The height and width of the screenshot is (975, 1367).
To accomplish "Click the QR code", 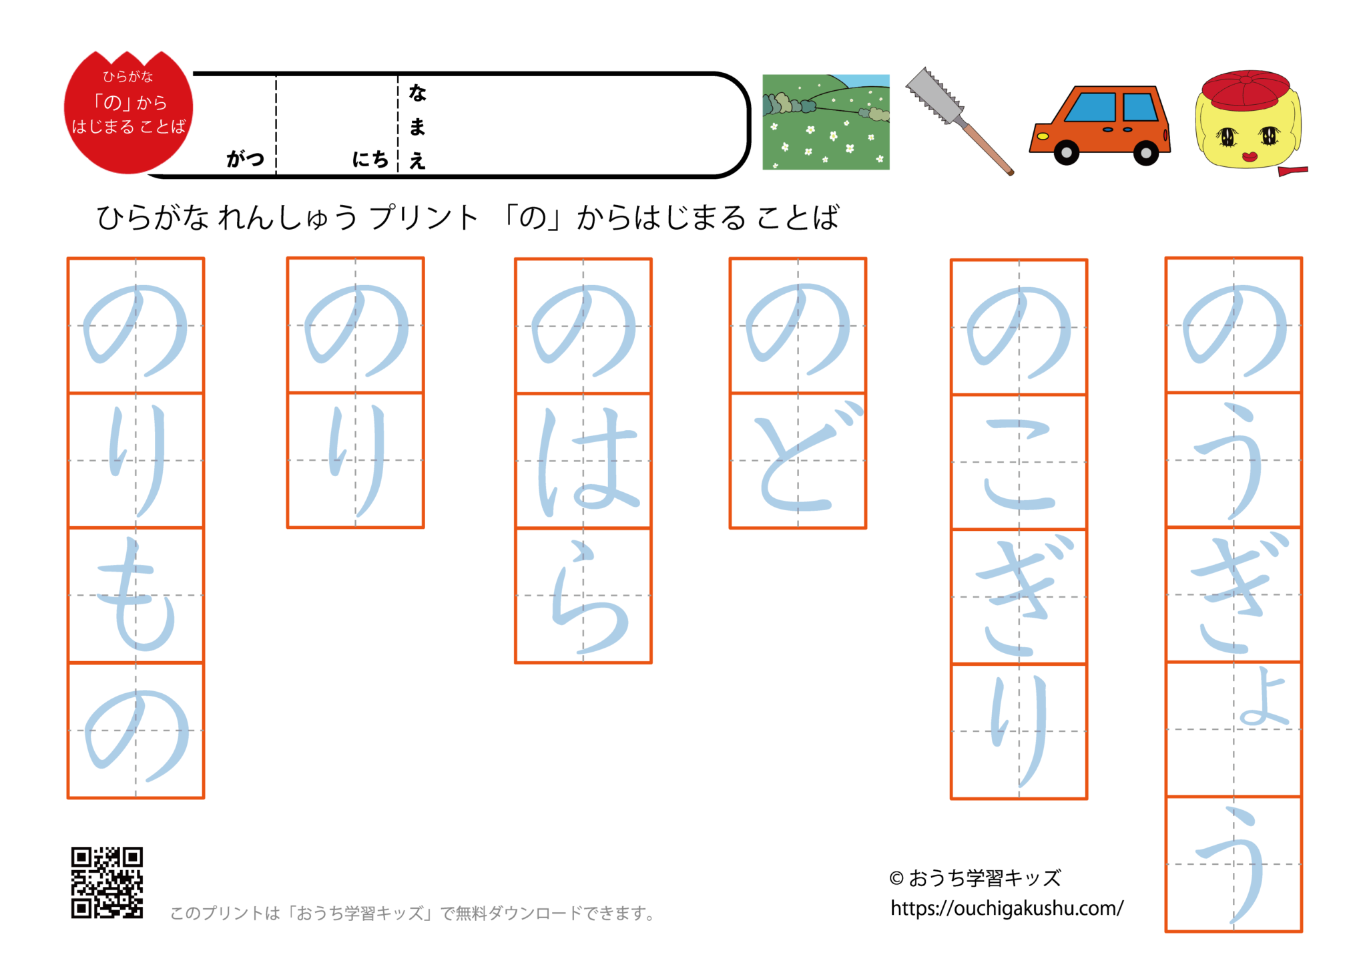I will coord(107,882).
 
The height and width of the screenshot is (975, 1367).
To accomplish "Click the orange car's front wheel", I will coord(1066,152).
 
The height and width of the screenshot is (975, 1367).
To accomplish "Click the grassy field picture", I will coord(826,122).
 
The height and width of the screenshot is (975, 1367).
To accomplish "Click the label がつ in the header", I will coord(246,159).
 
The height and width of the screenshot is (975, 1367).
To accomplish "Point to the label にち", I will coord(370,159).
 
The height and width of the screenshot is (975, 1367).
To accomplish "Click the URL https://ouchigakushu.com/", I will coord(1007,908).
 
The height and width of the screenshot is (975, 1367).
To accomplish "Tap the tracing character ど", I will coord(798,461).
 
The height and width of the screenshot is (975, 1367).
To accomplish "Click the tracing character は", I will coord(583,461).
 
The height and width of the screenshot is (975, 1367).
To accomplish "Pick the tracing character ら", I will coord(583,596).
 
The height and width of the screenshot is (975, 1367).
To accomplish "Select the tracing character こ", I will coord(1019,463).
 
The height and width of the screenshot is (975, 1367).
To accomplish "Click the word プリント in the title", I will coord(425,218).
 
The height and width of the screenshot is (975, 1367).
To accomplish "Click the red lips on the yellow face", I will coord(1248,157).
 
